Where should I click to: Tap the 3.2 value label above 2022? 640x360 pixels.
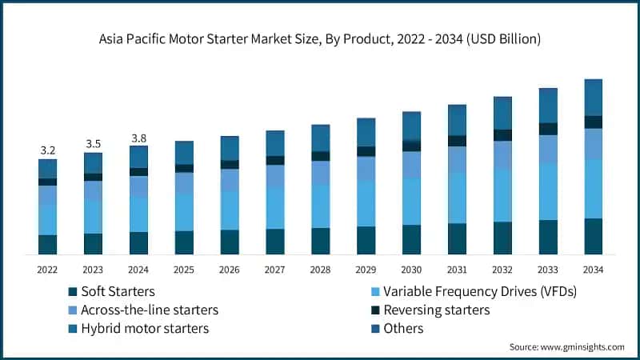coord(47,150)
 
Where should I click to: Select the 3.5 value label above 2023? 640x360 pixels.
coord(93,144)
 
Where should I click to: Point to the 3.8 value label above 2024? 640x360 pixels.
coord(138,138)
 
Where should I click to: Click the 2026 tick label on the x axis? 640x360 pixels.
coord(230,270)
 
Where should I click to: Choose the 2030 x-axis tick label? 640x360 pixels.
coord(411,270)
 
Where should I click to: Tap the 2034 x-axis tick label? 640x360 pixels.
coord(593,270)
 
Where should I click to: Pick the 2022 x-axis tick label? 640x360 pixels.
coord(47,270)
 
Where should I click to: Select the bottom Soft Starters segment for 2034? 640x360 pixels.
coord(593,236)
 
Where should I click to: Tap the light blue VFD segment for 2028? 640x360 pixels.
coord(320,206)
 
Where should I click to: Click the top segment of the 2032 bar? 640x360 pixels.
coord(502,113)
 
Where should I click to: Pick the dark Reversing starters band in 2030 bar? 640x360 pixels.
coord(411,146)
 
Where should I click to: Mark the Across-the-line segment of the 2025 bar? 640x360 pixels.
coord(184,182)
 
